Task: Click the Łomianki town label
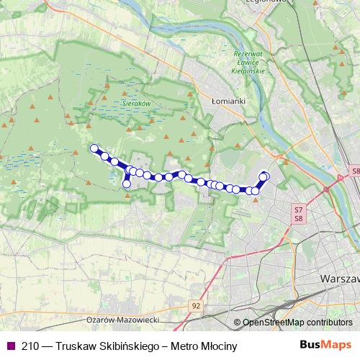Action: (229, 102)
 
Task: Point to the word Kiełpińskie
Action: (249, 72)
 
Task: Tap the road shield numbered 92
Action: (196, 305)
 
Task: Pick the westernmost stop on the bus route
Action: (93, 148)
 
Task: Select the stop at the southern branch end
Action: (127, 184)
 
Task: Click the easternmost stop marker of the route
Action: (264, 176)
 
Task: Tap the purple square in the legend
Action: (9, 346)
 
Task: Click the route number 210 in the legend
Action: (31, 346)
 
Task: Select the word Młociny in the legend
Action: (215, 346)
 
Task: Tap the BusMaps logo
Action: (325, 346)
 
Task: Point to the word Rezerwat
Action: (249, 55)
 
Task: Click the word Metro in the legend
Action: (179, 346)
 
